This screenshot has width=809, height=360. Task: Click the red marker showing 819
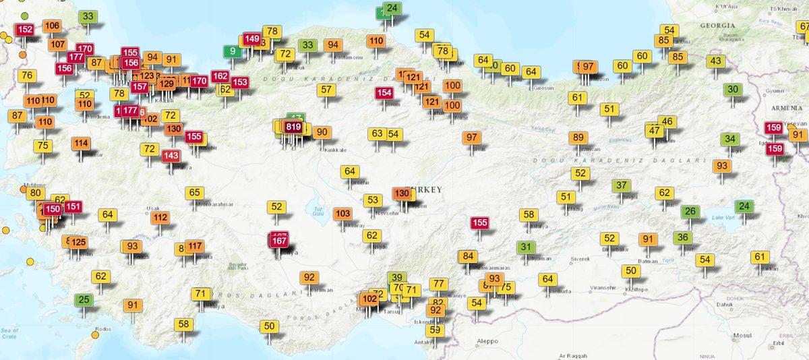coord(293,127)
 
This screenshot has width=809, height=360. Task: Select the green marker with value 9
coord(233,51)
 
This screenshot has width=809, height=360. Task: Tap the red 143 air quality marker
coord(171,156)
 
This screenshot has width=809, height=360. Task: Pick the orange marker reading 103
coord(342,214)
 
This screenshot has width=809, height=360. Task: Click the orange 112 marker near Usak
coord(160,217)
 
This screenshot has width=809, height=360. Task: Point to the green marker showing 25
coord(84,299)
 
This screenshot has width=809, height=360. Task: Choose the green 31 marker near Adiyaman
coord(526,247)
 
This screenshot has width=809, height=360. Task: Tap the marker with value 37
coord(622,185)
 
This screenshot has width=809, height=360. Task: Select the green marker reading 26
coord(690,211)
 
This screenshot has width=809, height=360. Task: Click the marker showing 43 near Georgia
coord(715,61)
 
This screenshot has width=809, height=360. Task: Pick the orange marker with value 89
coord(578,138)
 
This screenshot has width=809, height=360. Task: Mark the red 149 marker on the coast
coord(251,39)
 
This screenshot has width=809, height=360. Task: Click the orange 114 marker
coord(81,143)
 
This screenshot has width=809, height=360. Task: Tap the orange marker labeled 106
coord(51,26)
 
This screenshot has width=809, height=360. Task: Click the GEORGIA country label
coord(717,25)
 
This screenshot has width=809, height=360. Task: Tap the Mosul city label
coord(742,335)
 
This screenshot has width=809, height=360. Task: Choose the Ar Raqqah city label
coord(573,355)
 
